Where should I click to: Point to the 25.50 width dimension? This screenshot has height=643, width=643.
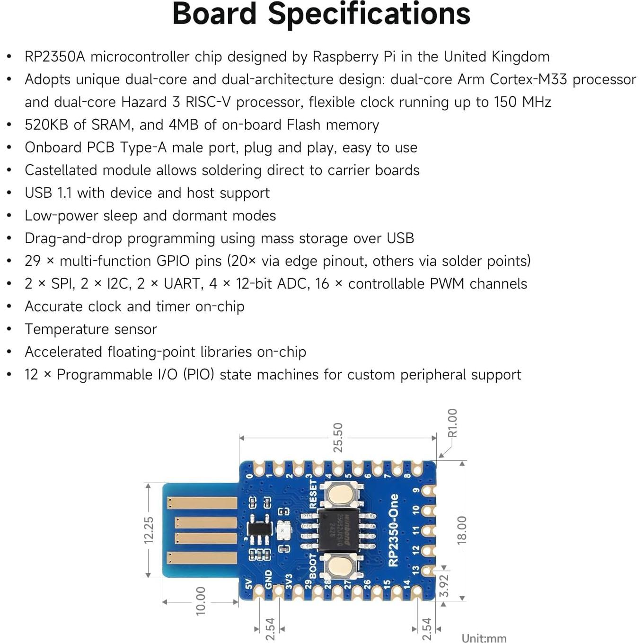point(338,438)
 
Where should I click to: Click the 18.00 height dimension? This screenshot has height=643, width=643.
point(462,530)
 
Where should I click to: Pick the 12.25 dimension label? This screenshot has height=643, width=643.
point(149,530)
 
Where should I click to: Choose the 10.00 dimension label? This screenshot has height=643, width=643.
point(201,601)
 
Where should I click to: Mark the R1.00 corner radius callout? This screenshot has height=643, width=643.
point(452,423)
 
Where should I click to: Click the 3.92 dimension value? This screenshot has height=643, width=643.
point(444,586)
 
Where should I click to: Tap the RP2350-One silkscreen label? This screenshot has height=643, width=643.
point(393,530)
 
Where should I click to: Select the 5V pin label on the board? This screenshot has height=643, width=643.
point(249,585)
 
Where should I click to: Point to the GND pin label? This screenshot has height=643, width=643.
point(269,579)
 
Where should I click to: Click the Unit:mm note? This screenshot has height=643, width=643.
point(484,638)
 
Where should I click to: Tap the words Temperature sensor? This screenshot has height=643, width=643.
point(91,329)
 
